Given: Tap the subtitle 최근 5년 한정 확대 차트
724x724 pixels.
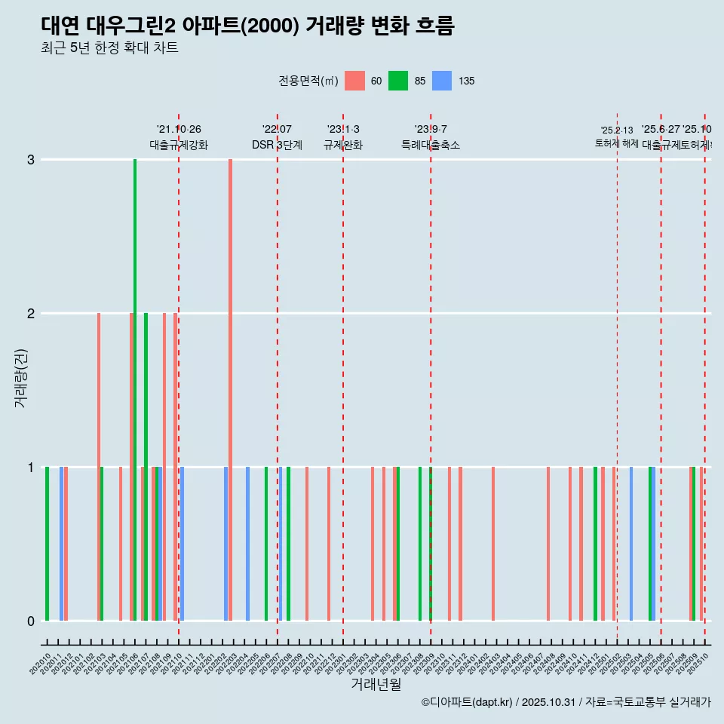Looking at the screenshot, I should pyautogui.click(x=109, y=48).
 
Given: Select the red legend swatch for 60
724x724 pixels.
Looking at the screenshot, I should pyautogui.click(x=354, y=81).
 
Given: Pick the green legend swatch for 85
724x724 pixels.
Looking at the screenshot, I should pyautogui.click(x=398, y=81).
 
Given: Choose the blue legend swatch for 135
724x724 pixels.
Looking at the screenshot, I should pyautogui.click(x=442, y=81).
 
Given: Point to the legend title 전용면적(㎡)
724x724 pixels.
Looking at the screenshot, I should pyautogui.click(x=308, y=81).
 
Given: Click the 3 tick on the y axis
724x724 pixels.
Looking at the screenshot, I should pyautogui.click(x=31, y=159).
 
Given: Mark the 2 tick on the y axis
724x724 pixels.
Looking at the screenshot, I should pyautogui.click(x=31, y=313).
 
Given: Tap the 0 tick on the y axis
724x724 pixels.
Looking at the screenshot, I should pyautogui.click(x=31, y=621).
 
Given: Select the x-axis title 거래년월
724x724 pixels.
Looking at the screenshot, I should pyautogui.click(x=376, y=684).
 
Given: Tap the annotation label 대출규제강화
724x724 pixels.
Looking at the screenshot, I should pyautogui.click(x=179, y=145).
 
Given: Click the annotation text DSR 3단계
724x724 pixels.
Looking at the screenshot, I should pyautogui.click(x=277, y=145).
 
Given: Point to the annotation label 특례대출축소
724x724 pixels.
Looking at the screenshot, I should pyautogui.click(x=431, y=145).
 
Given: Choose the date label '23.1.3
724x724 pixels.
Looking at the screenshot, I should pyautogui.click(x=343, y=130).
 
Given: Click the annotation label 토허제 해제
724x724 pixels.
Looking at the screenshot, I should pyautogui.click(x=617, y=143).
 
